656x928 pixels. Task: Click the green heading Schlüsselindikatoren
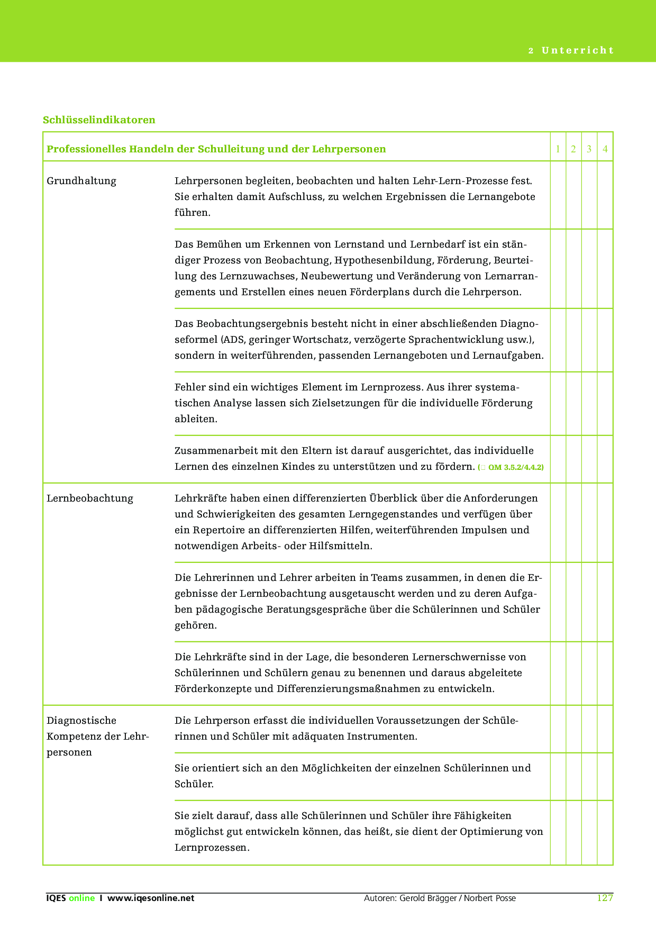[x=99, y=120]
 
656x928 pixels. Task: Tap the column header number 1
[x=558, y=149]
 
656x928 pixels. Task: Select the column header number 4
[x=605, y=149]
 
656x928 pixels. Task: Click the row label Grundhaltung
[x=81, y=181]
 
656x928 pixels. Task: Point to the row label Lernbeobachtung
[x=90, y=498]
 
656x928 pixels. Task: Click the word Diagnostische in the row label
[x=81, y=721]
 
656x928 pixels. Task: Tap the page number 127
[x=604, y=898]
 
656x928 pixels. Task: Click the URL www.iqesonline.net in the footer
[x=151, y=898]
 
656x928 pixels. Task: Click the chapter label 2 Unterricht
[x=571, y=51]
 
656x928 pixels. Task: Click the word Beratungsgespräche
[x=324, y=609]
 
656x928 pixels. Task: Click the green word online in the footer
[x=81, y=898]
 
